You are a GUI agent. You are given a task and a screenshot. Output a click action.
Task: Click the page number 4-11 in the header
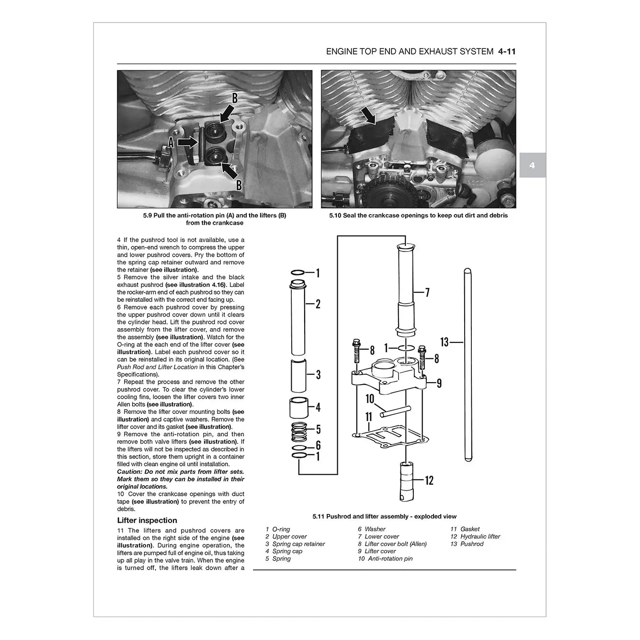pos(507,51)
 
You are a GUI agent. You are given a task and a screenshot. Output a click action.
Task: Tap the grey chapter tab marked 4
pos(532,166)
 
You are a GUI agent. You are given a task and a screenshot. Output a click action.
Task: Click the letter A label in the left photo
pos(171,142)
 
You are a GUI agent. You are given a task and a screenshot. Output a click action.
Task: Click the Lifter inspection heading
pos(147,520)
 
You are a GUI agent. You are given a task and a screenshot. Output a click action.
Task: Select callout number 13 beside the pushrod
pos(444,342)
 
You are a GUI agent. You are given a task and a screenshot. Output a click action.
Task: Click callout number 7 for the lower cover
pos(427,292)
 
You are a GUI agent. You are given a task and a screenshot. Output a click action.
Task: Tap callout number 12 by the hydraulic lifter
pos(429,480)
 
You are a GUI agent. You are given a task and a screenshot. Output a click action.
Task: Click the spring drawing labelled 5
pos(299,429)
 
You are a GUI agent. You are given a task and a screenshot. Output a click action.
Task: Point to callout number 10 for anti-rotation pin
pos(369,399)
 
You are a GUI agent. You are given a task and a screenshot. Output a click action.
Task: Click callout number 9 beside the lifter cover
pos(439,383)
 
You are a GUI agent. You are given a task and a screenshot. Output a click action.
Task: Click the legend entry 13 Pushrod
pos(467,544)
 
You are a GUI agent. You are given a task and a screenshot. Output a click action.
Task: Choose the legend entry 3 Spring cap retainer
pos(295,544)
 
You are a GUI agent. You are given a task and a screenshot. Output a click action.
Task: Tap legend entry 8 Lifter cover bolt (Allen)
pos(392,544)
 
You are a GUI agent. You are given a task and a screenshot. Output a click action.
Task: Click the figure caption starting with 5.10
pos(418,216)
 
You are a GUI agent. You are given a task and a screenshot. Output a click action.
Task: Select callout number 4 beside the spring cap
pos(318,408)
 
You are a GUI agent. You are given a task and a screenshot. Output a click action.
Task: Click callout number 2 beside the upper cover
pos(318,304)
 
